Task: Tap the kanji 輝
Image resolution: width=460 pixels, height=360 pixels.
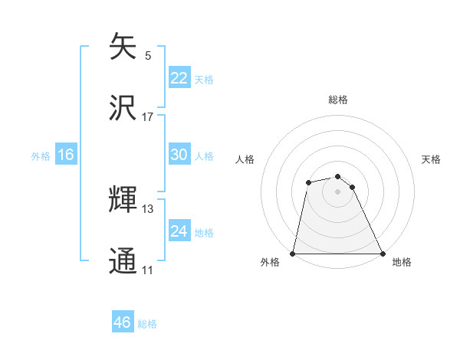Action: click(x=123, y=200)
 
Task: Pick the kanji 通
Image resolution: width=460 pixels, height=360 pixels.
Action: click(x=123, y=260)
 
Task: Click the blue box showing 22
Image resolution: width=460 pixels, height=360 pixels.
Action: click(x=179, y=78)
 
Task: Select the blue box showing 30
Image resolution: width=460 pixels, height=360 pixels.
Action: click(x=179, y=155)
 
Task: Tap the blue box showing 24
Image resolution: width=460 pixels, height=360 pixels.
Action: click(x=179, y=231)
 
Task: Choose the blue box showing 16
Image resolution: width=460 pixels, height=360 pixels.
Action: click(x=65, y=155)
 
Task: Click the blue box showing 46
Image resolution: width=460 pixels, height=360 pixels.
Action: click(x=122, y=322)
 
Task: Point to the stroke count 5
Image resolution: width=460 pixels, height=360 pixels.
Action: click(x=148, y=56)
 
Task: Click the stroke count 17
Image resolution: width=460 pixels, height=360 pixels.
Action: click(x=148, y=117)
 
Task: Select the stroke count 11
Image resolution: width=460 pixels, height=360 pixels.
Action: click(x=148, y=270)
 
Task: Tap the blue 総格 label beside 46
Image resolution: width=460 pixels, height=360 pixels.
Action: click(x=147, y=324)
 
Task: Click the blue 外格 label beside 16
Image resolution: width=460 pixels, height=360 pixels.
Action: click(x=41, y=156)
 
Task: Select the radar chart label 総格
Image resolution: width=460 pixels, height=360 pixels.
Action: click(x=338, y=100)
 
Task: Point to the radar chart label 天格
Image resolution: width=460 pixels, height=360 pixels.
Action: click(x=432, y=159)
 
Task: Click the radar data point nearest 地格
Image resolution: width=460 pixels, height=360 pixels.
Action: click(x=383, y=254)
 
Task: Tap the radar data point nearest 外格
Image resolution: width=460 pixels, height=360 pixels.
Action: click(x=293, y=254)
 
